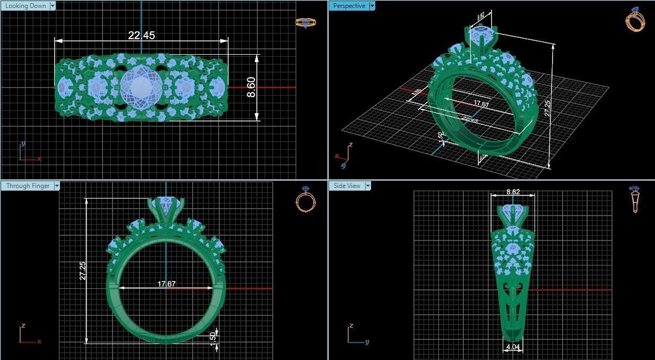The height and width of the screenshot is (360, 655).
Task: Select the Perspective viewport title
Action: click(x=349, y=6)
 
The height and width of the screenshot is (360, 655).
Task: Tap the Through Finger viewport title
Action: click(x=28, y=186)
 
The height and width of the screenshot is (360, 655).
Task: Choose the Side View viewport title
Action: click(x=347, y=186)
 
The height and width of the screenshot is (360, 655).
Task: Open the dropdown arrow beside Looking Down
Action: click(x=52, y=6)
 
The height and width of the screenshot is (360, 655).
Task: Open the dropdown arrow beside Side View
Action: click(x=368, y=186)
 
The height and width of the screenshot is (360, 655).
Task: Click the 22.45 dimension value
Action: click(x=141, y=36)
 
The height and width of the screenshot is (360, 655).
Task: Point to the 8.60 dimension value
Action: click(x=252, y=87)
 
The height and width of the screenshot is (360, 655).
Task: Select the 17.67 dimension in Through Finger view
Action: click(x=166, y=284)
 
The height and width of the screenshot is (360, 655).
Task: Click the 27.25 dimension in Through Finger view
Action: click(x=82, y=270)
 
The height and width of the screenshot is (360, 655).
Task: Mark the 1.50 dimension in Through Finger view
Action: click(x=213, y=337)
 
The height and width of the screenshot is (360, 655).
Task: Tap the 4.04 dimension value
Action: click(x=513, y=347)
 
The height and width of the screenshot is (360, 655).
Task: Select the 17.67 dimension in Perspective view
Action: click(x=481, y=105)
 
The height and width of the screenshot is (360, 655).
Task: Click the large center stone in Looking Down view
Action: click(x=141, y=87)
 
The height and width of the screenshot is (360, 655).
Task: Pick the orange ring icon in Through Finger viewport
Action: click(x=305, y=200)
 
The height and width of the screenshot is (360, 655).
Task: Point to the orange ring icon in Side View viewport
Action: click(x=635, y=200)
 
